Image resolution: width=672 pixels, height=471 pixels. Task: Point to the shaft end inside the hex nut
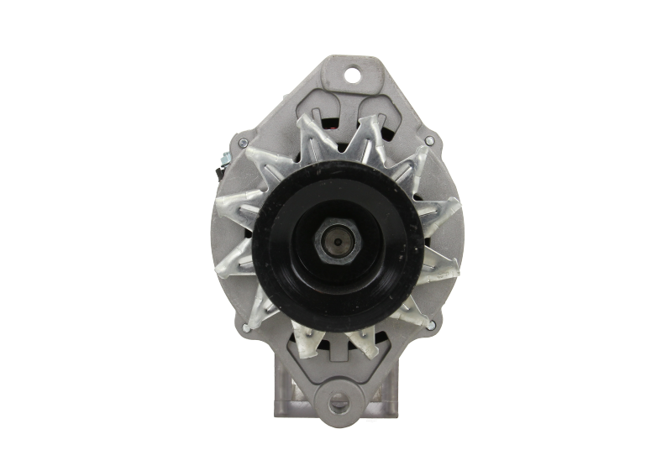click(x=338, y=242)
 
